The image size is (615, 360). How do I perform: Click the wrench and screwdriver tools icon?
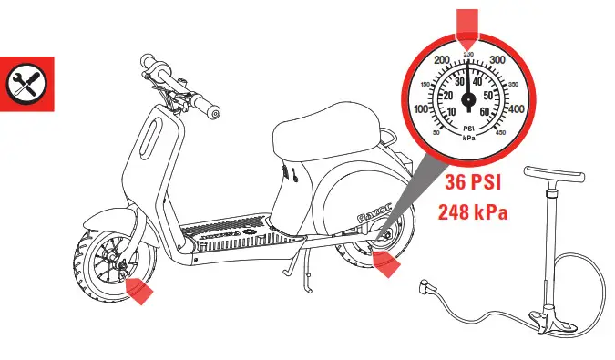pyautogui.click(x=27, y=84)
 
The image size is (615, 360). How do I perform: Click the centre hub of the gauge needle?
pyautogui.click(x=468, y=98)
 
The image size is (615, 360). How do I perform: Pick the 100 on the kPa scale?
pyautogui.click(x=423, y=109)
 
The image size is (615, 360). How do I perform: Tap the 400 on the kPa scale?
pyautogui.click(x=514, y=109)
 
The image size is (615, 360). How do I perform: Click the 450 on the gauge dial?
pyautogui.click(x=501, y=133)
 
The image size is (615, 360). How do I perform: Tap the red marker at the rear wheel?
pyautogui.click(x=384, y=264)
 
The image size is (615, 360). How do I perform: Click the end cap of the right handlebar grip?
pyautogui.click(x=215, y=112)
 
